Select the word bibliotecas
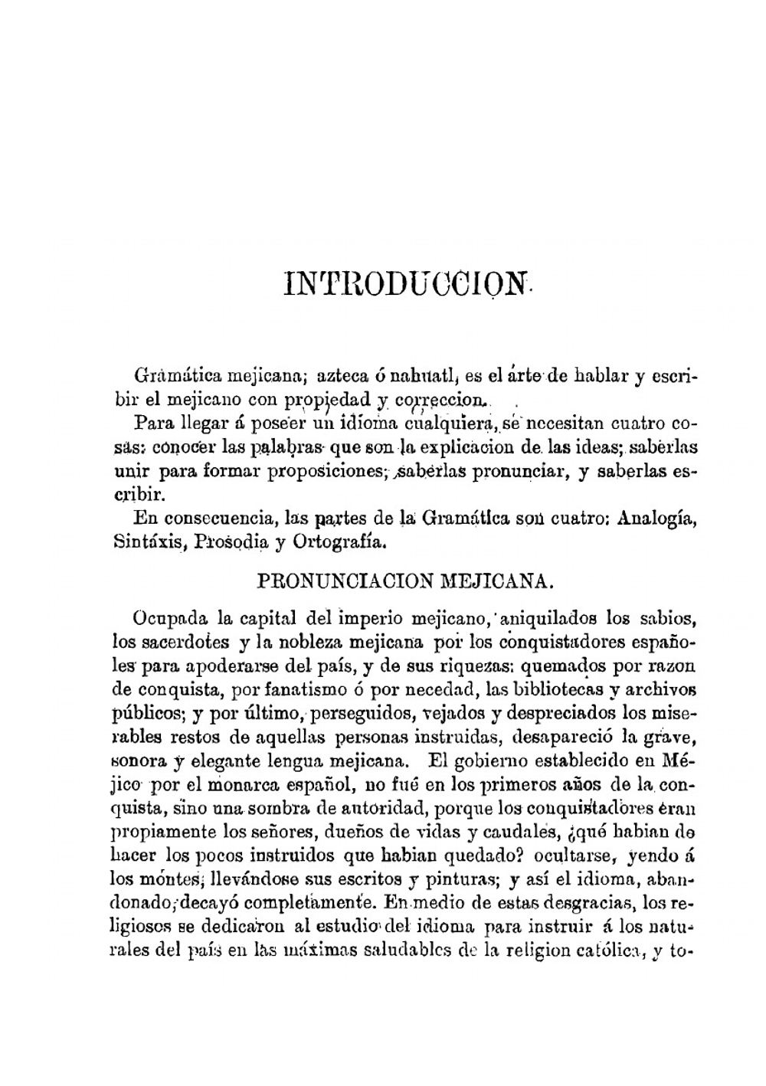[552, 689]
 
